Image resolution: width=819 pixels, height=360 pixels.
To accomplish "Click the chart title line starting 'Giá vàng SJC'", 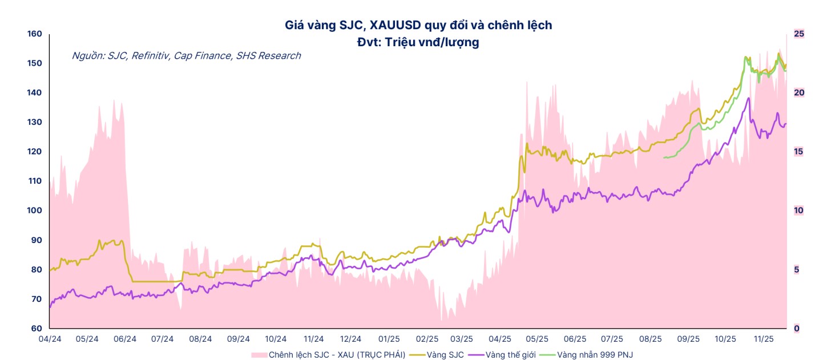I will click(418, 25).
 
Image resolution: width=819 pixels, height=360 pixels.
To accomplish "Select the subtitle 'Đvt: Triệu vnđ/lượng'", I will click(418, 42).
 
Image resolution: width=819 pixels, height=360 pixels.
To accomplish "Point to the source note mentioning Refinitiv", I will click(186, 56).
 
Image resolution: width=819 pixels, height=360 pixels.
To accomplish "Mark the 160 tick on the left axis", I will click(35, 34).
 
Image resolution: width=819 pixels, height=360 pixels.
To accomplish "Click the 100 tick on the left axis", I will click(35, 211).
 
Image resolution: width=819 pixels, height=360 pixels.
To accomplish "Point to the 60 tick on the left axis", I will click(37, 329).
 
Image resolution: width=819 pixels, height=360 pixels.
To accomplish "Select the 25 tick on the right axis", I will click(799, 34).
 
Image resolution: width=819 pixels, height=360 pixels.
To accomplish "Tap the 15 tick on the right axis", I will click(799, 152).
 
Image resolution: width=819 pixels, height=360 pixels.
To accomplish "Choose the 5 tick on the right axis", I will click(797, 270).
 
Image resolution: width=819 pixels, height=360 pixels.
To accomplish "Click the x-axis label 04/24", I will click(50, 339).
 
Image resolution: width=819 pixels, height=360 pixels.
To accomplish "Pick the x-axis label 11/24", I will click(313, 339).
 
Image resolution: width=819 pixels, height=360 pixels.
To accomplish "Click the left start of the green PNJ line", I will click(664, 157).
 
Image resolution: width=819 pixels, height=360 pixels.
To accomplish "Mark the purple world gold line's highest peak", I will click(748, 98).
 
